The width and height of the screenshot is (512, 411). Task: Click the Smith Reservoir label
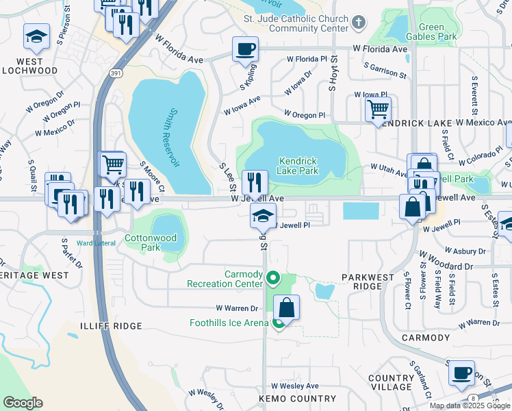point(174,137)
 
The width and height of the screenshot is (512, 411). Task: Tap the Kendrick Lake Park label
point(299,166)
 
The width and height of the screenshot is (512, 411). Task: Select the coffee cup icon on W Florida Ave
point(245,49)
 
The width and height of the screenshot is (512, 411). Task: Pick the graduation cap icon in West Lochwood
point(36,36)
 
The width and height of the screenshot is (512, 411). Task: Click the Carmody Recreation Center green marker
point(272,278)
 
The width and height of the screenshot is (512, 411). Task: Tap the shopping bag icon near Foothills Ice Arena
point(287,307)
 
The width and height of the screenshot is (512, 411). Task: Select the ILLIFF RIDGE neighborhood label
point(111,326)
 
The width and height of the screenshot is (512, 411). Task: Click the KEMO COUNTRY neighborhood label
point(297,399)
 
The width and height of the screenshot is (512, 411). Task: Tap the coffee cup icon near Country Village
point(461,373)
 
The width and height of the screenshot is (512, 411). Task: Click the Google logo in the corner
point(22,403)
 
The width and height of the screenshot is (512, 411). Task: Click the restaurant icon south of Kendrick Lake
point(255,183)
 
